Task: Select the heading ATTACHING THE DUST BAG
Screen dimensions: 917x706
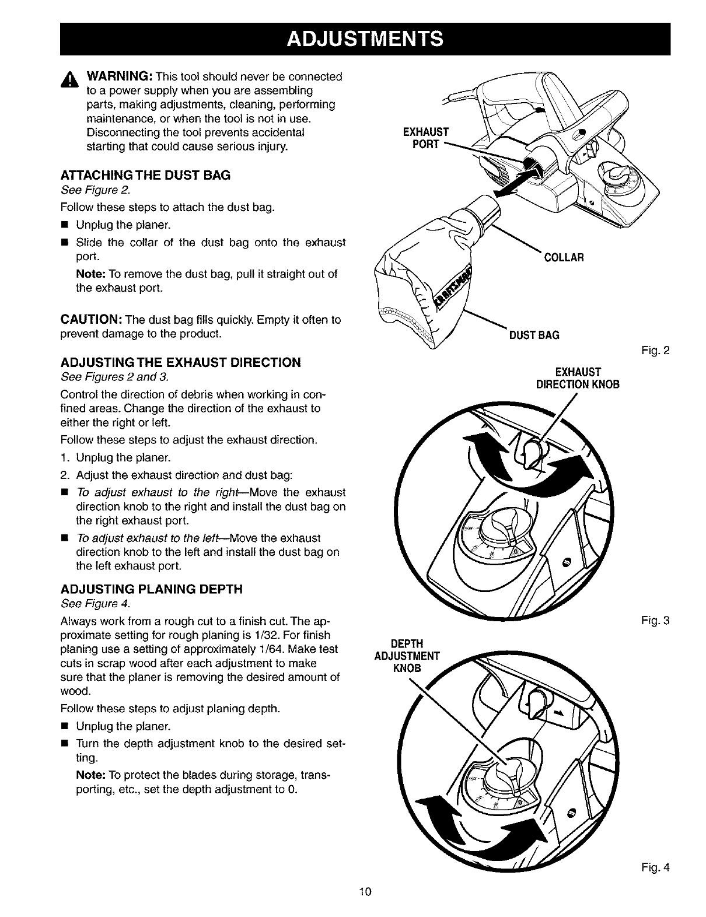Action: [x=145, y=175]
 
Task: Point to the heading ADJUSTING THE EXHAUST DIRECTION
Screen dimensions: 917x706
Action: [x=180, y=363]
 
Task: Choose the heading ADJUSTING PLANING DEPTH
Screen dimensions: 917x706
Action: [x=151, y=589]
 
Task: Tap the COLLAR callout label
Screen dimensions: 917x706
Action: [x=563, y=258]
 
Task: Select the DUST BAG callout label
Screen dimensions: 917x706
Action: [x=534, y=335]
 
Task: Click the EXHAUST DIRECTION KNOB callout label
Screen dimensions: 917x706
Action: [x=578, y=379]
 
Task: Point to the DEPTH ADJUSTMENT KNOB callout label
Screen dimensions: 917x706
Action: [x=407, y=656]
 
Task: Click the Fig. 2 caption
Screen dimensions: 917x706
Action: [x=658, y=351]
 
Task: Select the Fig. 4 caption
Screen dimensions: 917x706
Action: [x=658, y=867]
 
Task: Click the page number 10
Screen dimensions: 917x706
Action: [x=365, y=891]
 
